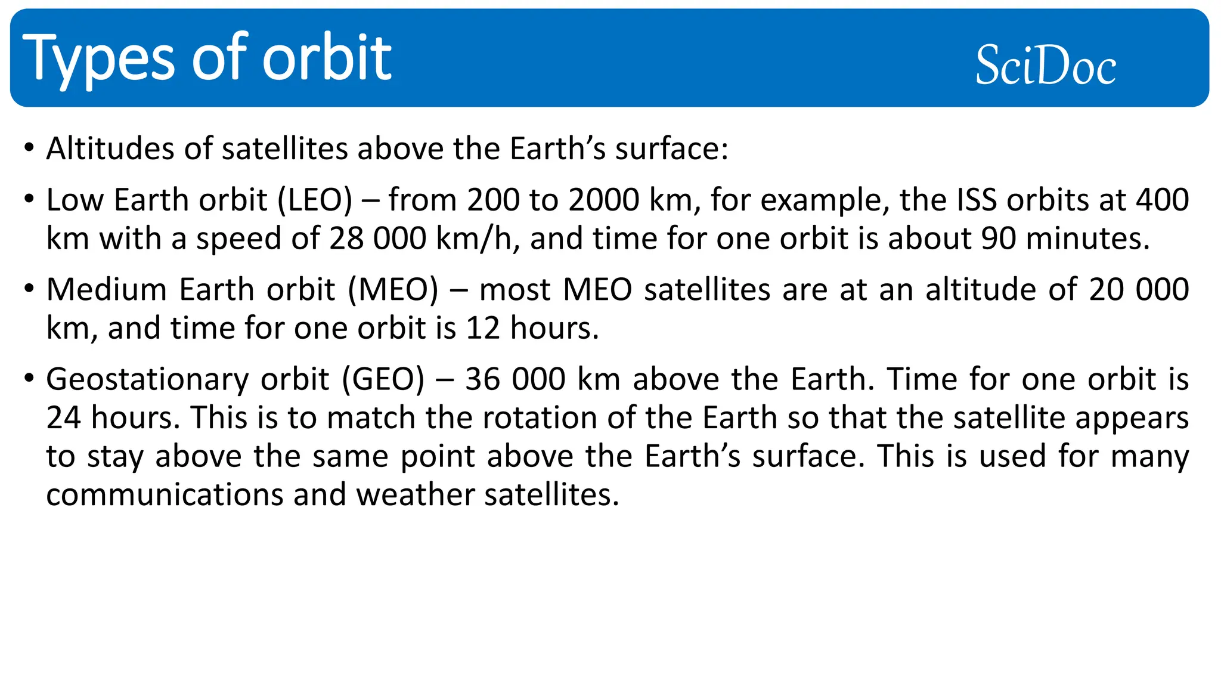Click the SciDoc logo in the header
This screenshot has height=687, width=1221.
pos(1045,65)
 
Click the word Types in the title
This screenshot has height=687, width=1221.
pos(98,59)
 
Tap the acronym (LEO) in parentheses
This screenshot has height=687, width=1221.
pos(315,200)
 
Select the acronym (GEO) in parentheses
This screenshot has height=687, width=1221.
pos(383,379)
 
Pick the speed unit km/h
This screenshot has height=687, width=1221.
pos(474,239)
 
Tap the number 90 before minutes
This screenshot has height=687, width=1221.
pos(999,239)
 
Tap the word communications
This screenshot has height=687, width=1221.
pos(165,495)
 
